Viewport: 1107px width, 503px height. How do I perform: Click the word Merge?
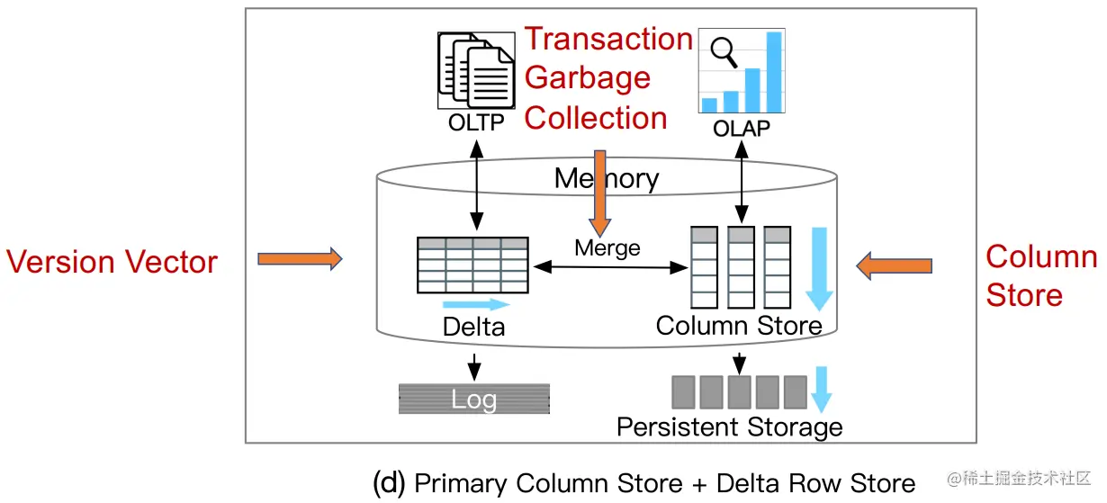(607, 247)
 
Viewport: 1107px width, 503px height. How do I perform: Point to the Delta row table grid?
(472, 265)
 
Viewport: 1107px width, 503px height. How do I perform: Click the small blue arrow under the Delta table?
(476, 304)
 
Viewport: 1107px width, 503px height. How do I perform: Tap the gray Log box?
(474, 400)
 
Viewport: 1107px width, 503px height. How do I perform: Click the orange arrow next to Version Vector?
(300, 259)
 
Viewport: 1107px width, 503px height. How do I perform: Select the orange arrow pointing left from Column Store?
(894, 265)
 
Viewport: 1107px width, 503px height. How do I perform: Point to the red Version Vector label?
(112, 262)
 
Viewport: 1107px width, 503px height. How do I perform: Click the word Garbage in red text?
(587, 78)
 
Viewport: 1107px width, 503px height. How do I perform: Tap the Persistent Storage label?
(729, 427)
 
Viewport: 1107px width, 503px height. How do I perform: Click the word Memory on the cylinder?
(607, 178)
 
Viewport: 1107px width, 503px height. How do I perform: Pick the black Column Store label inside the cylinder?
(739, 325)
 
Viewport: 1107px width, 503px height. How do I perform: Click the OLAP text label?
(741, 129)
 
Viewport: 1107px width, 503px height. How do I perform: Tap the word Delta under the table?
(473, 327)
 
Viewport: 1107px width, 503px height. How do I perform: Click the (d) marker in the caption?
(390, 483)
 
